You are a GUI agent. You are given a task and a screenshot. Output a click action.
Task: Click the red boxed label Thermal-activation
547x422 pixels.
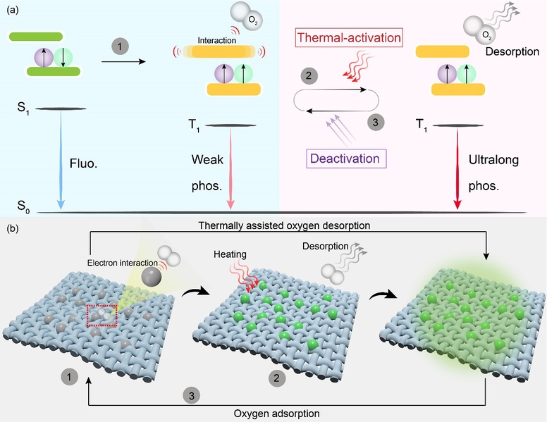click(349, 37)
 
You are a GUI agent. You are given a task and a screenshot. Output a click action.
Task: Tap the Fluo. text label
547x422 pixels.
click(83, 163)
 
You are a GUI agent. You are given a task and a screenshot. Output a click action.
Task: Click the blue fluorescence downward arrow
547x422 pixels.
click(61, 160)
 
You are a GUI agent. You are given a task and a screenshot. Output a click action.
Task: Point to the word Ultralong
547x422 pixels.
click(493, 160)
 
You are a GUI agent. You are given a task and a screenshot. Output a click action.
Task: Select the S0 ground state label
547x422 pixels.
click(23, 206)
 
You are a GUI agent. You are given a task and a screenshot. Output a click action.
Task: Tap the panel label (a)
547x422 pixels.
click(12, 10)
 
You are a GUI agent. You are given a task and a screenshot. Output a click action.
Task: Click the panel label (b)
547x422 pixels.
click(12, 229)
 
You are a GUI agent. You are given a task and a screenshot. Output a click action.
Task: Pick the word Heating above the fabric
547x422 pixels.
click(230, 254)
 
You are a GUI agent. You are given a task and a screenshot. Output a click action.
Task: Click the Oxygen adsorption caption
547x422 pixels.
click(276, 414)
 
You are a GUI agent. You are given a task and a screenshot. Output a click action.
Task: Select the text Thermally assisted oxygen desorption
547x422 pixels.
click(284, 225)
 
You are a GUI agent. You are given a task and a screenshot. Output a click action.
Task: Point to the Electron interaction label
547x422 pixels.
click(123, 263)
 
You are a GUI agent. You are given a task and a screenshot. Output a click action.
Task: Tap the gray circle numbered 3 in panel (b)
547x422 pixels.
click(192, 395)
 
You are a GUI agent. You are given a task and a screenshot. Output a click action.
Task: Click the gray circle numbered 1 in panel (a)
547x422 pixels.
click(120, 46)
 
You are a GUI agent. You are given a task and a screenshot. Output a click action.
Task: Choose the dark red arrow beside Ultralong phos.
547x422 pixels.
click(457, 169)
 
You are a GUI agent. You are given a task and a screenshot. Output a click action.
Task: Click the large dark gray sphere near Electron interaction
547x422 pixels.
click(152, 276)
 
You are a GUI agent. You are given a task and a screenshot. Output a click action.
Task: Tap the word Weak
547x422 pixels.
click(207, 160)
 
